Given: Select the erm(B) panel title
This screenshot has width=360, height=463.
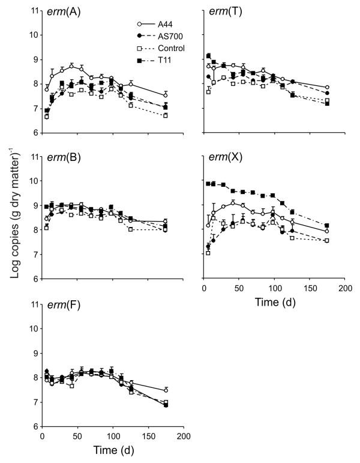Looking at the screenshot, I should point(60,160).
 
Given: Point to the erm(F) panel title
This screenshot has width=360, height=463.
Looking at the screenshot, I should point(60,307).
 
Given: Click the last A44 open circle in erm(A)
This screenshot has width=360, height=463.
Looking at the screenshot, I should point(166,95).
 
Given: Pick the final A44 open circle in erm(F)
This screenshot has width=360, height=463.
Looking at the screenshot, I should point(166,390).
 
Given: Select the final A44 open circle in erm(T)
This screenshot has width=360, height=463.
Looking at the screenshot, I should point(327,88).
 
